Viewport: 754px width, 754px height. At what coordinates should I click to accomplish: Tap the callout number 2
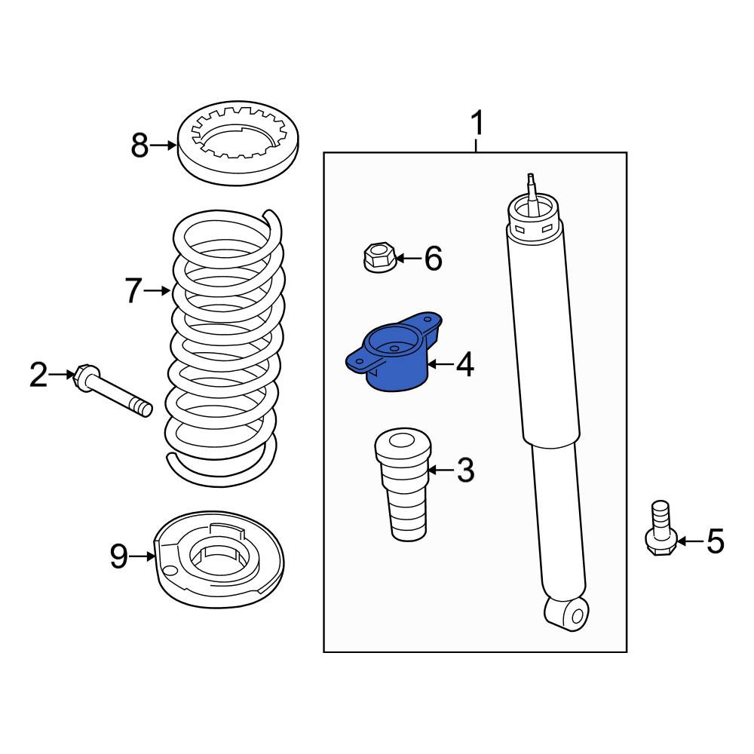click(39, 375)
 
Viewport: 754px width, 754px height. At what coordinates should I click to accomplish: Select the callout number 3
click(465, 470)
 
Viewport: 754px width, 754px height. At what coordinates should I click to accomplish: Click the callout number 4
click(465, 364)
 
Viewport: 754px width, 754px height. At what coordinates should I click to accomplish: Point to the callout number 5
click(715, 541)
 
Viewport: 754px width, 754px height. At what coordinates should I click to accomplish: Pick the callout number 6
click(433, 258)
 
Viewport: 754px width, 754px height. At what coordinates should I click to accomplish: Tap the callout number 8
click(140, 146)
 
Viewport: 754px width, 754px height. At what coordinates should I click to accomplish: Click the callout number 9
click(119, 556)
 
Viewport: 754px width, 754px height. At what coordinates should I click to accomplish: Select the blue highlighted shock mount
click(394, 351)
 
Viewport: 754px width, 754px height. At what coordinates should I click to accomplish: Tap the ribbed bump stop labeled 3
click(403, 484)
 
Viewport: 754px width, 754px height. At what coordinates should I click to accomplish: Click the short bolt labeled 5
click(661, 529)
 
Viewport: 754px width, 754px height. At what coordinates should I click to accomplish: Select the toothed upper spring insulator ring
click(238, 143)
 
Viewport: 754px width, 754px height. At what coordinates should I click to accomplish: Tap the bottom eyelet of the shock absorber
click(567, 614)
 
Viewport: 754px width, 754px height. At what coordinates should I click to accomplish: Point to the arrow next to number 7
click(158, 290)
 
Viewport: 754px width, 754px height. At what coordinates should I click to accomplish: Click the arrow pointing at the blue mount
click(440, 364)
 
